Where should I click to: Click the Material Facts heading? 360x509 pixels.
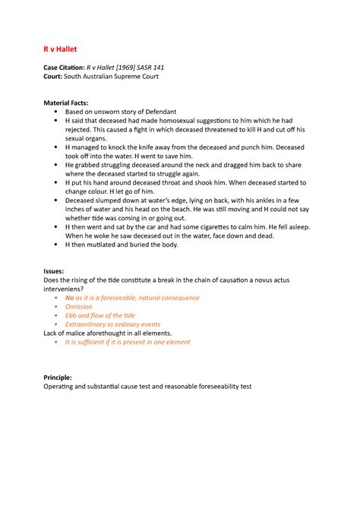tap(66, 103)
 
